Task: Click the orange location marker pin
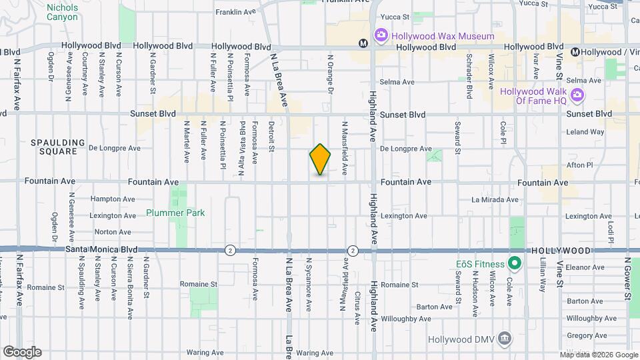pos(320,159)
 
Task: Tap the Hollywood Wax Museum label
pos(443,35)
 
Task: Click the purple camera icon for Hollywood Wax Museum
pos(381,34)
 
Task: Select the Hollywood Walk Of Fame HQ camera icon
pos(577,95)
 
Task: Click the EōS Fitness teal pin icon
pos(514,263)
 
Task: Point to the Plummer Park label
pos(175,213)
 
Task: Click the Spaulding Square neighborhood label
pos(59,147)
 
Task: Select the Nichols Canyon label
pos(62,12)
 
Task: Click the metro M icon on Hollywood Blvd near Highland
pos(363,43)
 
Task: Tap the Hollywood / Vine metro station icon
pos(575,52)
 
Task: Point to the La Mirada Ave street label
pos(495,199)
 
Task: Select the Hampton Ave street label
pos(112,199)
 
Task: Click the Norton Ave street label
pos(113,232)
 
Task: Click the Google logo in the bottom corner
pos(22,351)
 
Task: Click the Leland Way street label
pos(585,132)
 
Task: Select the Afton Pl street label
pos(579,165)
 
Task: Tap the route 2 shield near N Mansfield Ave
pos(353,251)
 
